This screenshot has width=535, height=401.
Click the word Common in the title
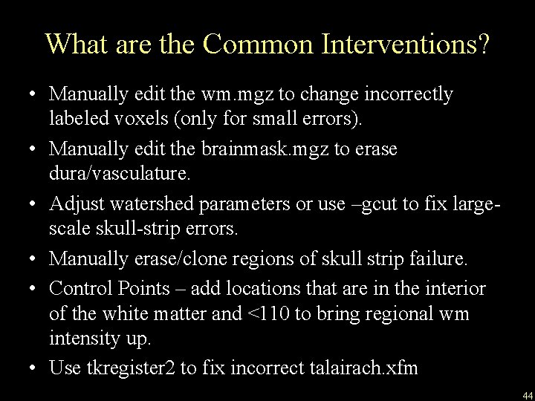coord(249,44)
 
